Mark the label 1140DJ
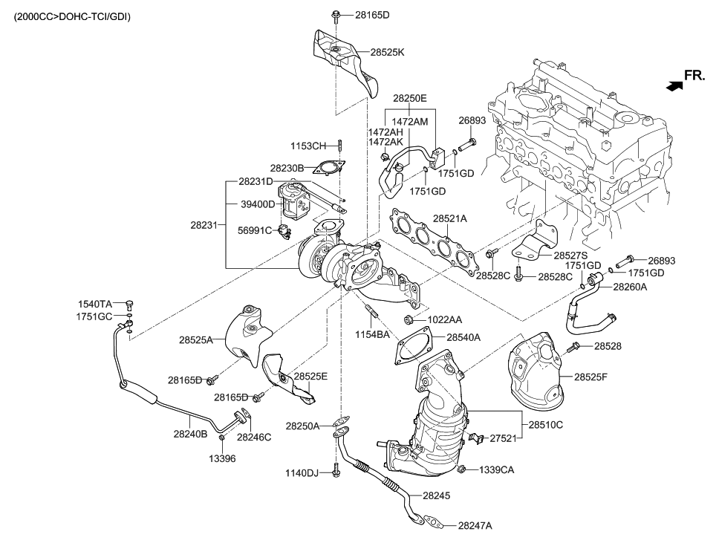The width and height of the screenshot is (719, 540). click(302, 473)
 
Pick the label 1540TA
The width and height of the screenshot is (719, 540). click(95, 304)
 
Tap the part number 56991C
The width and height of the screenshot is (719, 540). click(256, 230)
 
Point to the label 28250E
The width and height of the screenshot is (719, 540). click(410, 98)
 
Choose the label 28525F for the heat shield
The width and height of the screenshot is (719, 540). click(591, 377)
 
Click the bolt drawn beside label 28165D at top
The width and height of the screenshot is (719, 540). click(334, 13)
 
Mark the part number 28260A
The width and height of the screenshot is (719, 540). click(630, 287)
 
